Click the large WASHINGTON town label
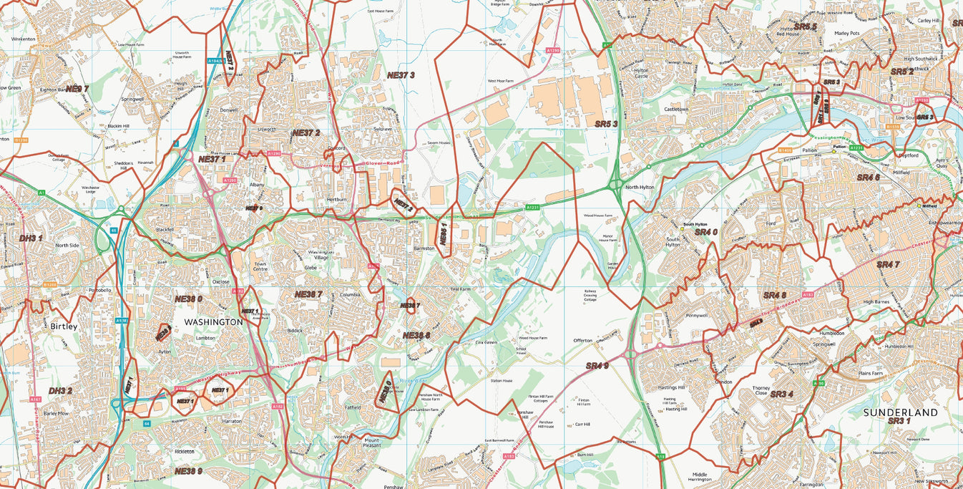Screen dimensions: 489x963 tap(213, 322)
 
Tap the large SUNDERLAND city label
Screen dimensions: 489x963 tap(900, 413)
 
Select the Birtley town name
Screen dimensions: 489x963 tap(64, 326)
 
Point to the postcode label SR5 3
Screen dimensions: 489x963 tap(606, 124)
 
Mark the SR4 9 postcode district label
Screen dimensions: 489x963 tap(597, 366)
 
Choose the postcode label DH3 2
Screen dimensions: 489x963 tap(60, 391)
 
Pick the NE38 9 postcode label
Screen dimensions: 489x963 tap(189, 471)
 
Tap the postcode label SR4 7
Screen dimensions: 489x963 tap(888, 265)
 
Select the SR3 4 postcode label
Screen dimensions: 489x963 tap(782, 394)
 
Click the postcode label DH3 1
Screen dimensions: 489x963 tap(31, 238)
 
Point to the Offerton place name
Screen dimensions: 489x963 tap(582, 340)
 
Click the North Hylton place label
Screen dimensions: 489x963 tap(640, 188)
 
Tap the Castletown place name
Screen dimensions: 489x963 tap(676, 109)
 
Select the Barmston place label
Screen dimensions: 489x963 tap(424, 248)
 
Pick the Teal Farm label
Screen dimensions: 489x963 tap(460, 289)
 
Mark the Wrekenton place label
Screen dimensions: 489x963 tap(23, 39)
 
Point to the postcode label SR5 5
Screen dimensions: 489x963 tap(805, 26)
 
